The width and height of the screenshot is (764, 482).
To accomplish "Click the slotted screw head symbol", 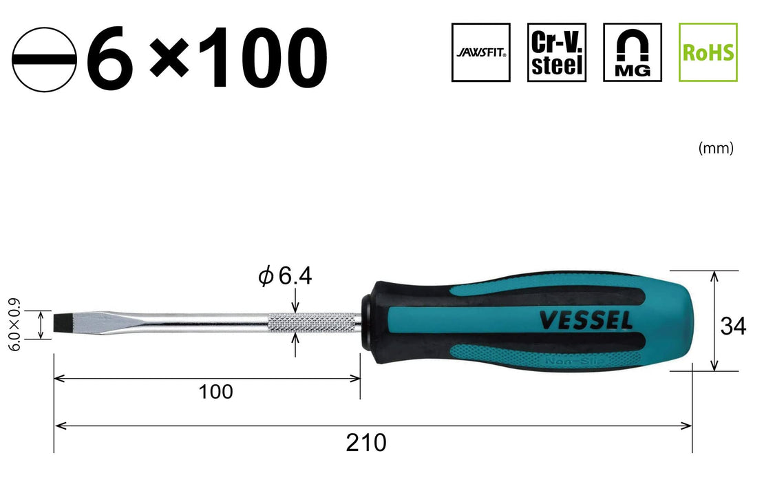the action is pos(44,59).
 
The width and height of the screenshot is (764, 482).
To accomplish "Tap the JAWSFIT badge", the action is pos(480,52).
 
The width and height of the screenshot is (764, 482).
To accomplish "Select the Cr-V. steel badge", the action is pos(556,52).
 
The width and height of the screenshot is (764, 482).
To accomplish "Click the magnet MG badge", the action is pos(632,52).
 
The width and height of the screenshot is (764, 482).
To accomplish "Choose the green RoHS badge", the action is pos(708,52).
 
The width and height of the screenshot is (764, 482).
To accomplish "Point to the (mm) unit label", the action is pos(716,147).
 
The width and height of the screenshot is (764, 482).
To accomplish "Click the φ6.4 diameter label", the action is pos(285,276).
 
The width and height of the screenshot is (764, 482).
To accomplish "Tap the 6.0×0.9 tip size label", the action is pos(15,324).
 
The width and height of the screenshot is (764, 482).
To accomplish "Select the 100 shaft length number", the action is pos(216,391).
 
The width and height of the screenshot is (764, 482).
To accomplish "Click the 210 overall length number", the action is pos(366,443).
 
